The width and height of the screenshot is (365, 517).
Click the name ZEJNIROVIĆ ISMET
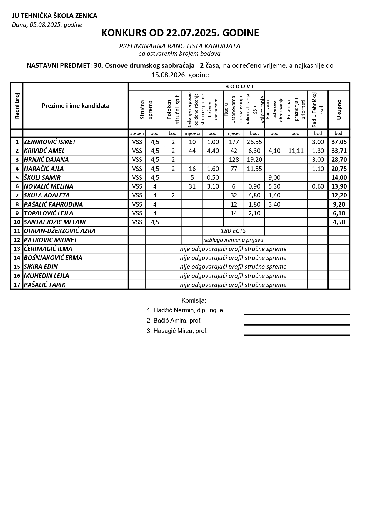click(x=50, y=142)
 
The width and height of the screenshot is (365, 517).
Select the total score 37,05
click(x=339, y=142)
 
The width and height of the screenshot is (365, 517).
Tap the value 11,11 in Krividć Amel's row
click(x=296, y=151)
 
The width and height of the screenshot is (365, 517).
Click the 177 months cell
click(x=234, y=142)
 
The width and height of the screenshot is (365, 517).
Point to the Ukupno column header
click(x=339, y=110)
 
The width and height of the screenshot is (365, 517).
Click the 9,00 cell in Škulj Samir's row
click(x=274, y=177)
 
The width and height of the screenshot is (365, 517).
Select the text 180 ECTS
click(x=233, y=231)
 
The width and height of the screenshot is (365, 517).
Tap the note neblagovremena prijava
click(x=233, y=240)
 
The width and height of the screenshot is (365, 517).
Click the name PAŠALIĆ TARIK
click(x=45, y=285)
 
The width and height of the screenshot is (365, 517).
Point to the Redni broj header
click(x=17, y=106)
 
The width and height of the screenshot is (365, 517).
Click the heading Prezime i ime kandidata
click(x=76, y=106)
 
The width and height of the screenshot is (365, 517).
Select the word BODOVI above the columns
click(x=239, y=87)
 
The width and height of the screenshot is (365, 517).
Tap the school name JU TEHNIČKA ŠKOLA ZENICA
click(x=54, y=16)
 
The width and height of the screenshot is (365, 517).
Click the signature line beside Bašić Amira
click(x=296, y=325)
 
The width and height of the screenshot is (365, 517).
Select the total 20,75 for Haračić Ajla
click(x=339, y=169)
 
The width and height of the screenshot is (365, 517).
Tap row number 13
click(x=17, y=249)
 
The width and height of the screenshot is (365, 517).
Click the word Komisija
click(x=194, y=300)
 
